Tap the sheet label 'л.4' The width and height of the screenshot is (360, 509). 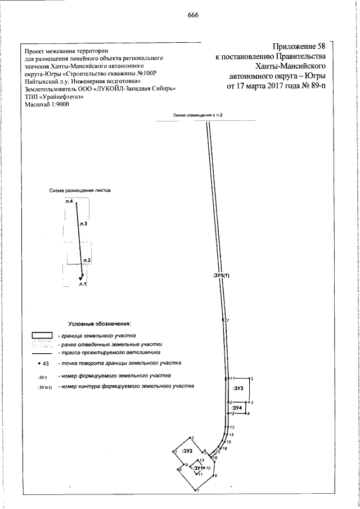(69, 201)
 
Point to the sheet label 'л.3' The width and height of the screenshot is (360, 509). (83, 224)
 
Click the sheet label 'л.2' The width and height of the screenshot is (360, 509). (86, 260)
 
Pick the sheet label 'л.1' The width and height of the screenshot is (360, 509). (82, 283)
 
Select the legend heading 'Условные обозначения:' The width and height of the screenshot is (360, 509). (99, 325)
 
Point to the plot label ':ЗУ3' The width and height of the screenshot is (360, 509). (238, 388)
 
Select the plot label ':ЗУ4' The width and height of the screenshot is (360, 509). (238, 407)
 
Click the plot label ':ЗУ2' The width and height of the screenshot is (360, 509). (187, 451)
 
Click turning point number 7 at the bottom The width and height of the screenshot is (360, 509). (197, 492)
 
